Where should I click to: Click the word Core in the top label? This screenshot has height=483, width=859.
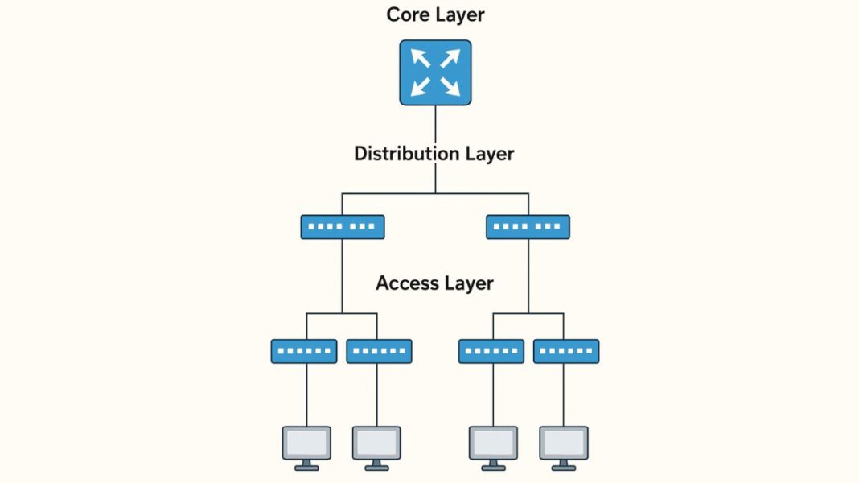pos(407,14)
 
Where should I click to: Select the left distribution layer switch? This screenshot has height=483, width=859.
pos(342,227)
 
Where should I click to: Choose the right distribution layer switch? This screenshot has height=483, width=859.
pos(528,227)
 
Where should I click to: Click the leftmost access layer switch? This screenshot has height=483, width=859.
pos(304,351)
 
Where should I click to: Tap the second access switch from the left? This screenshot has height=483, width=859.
pos(379,351)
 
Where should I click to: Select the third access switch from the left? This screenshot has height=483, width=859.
pos(491,351)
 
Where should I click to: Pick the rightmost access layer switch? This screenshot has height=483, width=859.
pos(566,351)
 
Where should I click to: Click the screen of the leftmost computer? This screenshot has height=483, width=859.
pos(306,442)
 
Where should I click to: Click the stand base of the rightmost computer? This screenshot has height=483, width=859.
pos(564,468)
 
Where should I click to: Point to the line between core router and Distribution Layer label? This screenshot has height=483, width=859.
pos(435,125)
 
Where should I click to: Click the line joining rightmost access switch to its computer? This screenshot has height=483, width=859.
pos(564,394)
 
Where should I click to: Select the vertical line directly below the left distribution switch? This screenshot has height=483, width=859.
pos(342,274)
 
